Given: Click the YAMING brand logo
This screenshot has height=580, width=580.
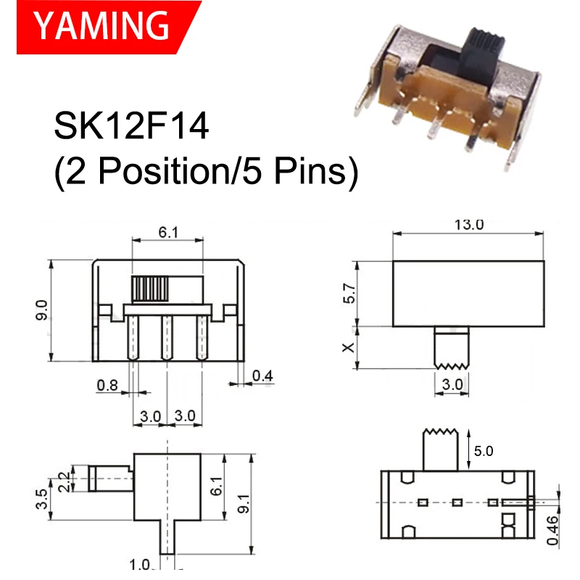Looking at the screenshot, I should tap(101, 25).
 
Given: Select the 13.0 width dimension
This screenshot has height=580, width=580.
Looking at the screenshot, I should tap(468, 224).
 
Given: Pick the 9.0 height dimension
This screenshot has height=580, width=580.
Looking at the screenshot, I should tap(41, 310).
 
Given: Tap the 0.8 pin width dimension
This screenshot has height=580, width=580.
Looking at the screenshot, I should tap(107, 386).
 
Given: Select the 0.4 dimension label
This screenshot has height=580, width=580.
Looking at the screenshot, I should tap(263, 376).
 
